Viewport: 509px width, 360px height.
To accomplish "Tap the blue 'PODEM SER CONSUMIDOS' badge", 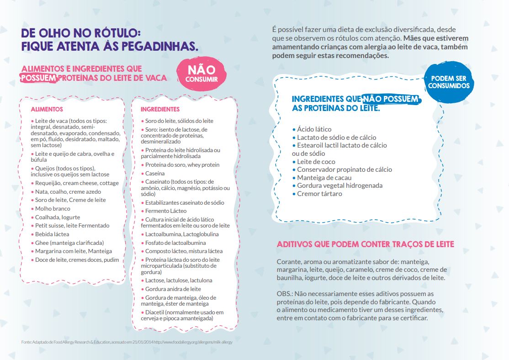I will pyautogui.click(x=449, y=82).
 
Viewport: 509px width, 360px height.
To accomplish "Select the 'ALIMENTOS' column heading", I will pyautogui.click(x=47, y=110).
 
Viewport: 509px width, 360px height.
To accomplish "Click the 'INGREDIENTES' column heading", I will pyautogui.click(x=160, y=110).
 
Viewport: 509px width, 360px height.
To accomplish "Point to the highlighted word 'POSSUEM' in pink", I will pyautogui.click(x=39, y=78).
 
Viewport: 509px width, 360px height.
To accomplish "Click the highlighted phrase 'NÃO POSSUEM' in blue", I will pyautogui.click(x=391, y=99).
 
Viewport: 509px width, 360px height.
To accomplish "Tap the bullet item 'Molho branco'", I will pyautogui.click(x=53, y=209).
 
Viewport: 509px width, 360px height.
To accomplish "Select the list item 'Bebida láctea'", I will pyautogui.click(x=52, y=234).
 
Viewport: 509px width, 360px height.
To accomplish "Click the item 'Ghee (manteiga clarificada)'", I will pyautogui.click(x=69, y=243).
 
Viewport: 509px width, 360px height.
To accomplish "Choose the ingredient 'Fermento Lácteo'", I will pyautogui.click(x=165, y=211).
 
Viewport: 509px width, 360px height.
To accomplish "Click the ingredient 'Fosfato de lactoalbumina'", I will pyautogui.click(x=175, y=243).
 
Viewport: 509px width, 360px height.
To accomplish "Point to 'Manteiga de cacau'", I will pyautogui.click(x=324, y=178).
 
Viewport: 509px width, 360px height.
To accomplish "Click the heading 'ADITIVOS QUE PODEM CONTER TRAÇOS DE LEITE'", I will pyautogui.click(x=366, y=244).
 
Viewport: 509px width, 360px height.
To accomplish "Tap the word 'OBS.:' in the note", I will pyautogui.click(x=285, y=293).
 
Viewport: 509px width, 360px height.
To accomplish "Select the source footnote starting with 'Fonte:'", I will pyautogui.click(x=123, y=342).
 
